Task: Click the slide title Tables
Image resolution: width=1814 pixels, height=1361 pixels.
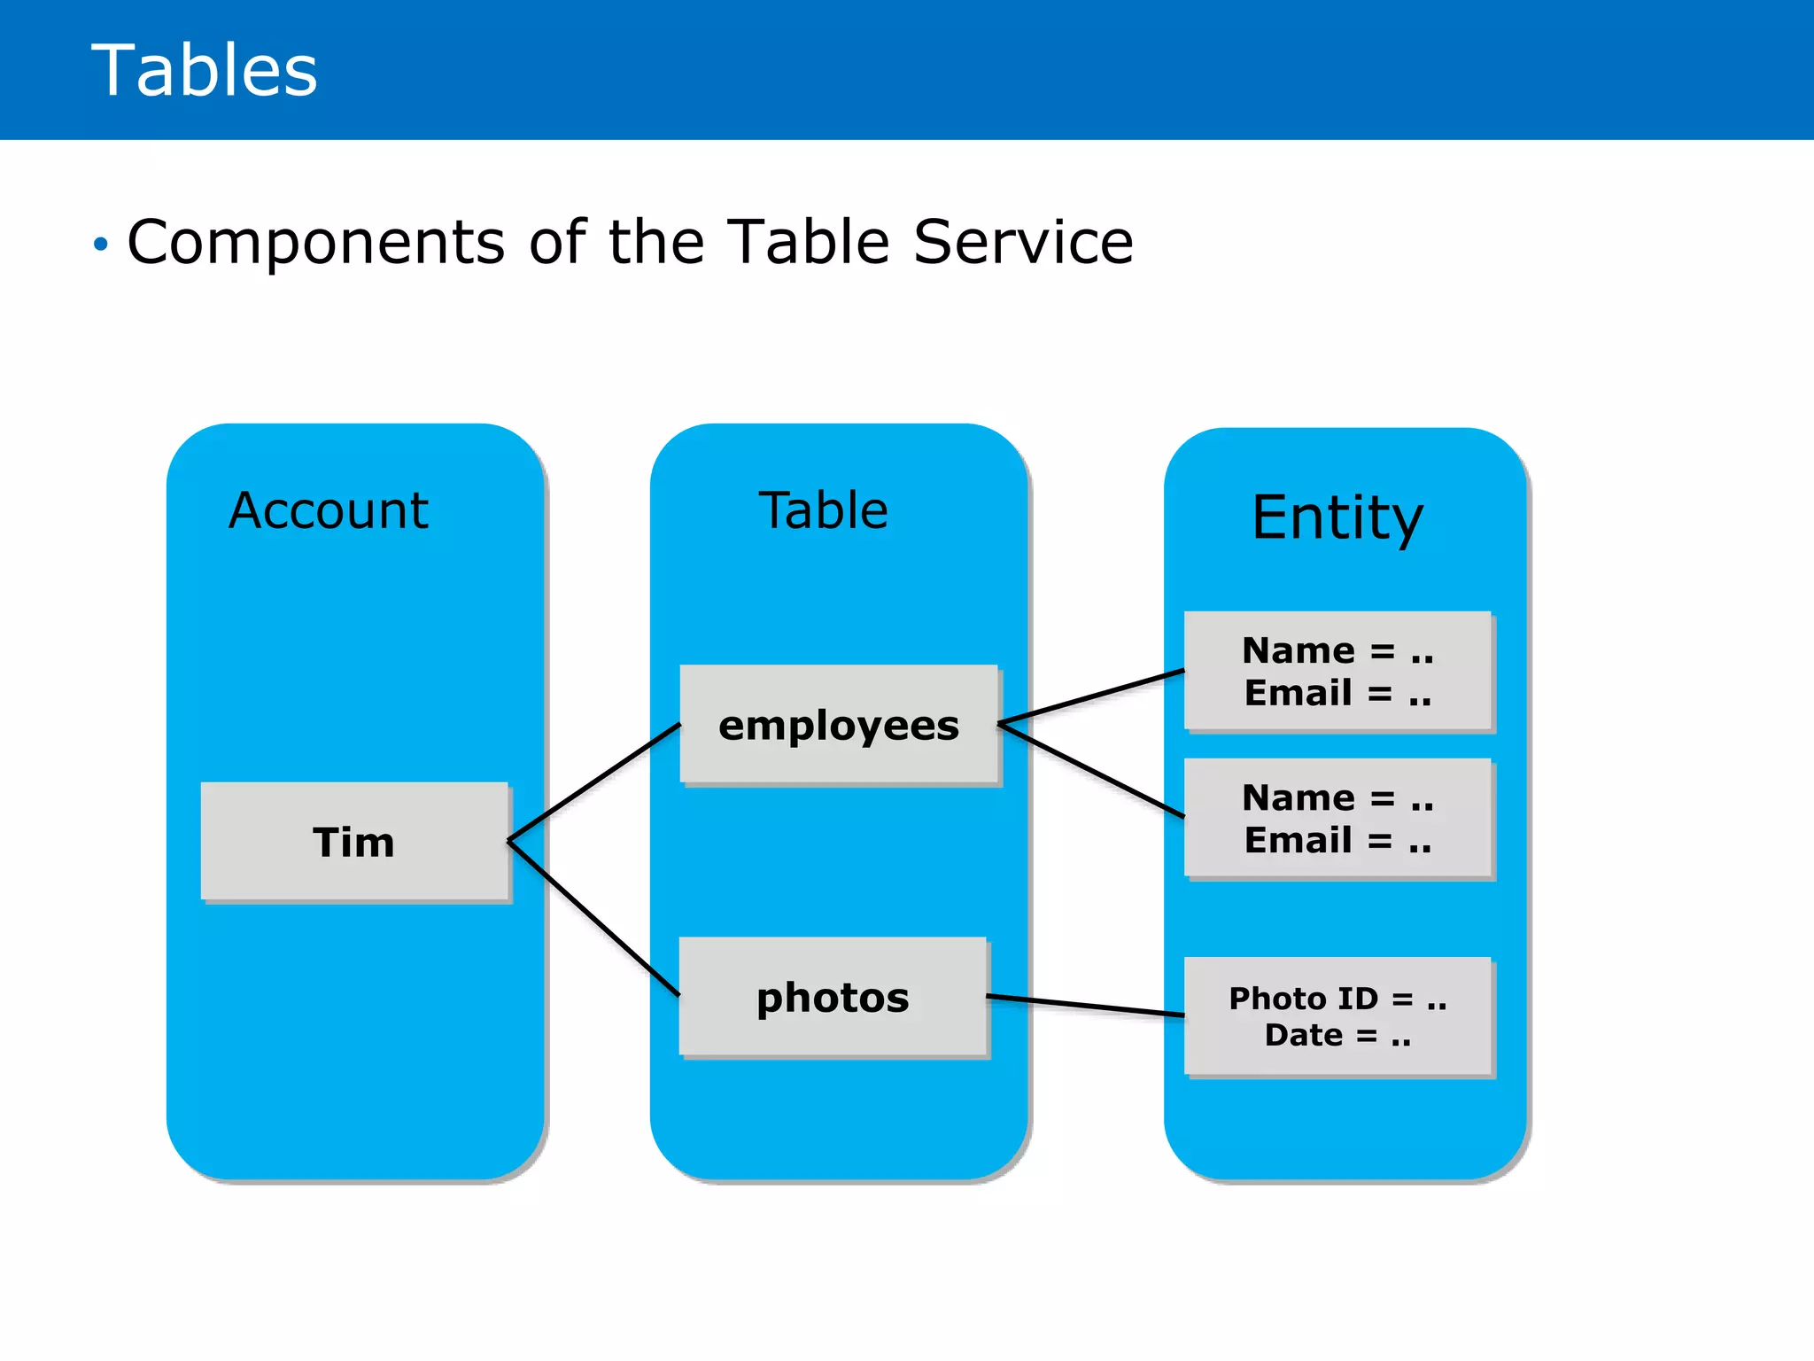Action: click(x=204, y=71)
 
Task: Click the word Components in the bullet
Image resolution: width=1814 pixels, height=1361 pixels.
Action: click(x=316, y=242)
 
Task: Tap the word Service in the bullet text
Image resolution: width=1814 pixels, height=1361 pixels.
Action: click(x=1023, y=242)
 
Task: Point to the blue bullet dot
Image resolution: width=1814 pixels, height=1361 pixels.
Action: click(x=101, y=244)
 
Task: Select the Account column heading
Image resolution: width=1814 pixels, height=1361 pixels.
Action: click(x=328, y=510)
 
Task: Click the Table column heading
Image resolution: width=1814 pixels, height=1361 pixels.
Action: click(x=823, y=510)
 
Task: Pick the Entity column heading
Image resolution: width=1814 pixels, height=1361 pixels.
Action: click(x=1337, y=517)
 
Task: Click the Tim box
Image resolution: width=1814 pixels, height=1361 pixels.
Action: click(x=354, y=841)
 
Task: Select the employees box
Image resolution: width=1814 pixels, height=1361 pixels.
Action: click(x=839, y=724)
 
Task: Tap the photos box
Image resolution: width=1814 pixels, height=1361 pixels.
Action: click(x=833, y=997)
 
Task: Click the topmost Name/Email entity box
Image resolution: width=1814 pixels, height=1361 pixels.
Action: click(x=1337, y=671)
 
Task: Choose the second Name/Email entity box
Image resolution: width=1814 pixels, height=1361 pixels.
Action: click(x=1337, y=818)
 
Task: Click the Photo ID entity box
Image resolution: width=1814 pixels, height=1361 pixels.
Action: click(x=1337, y=1016)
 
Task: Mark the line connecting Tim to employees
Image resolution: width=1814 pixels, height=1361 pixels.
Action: click(x=593, y=782)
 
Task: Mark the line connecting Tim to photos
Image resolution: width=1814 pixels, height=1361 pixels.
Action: click(x=593, y=918)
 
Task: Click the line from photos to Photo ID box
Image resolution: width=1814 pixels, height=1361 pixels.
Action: click(x=1085, y=1006)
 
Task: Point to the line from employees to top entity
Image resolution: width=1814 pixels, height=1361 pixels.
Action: click(x=1091, y=697)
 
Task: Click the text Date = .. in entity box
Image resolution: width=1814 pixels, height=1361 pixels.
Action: click(x=1337, y=1035)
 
